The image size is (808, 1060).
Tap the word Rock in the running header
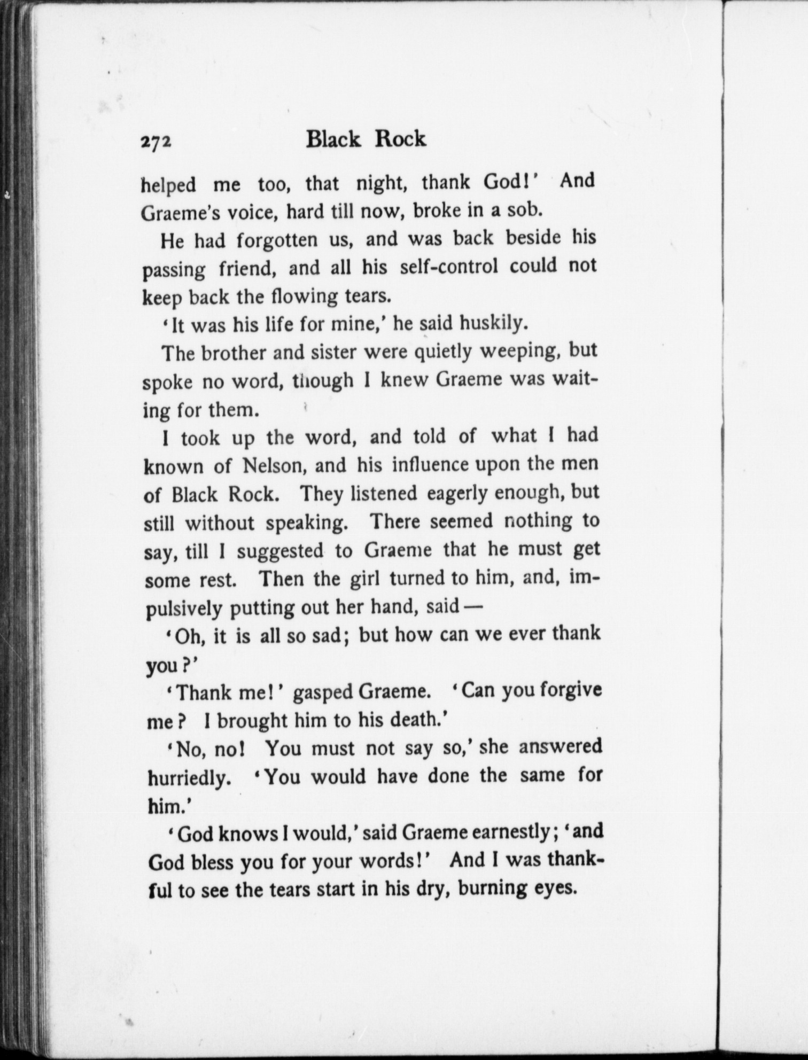[400, 139]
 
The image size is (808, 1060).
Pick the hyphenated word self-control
[449, 267]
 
